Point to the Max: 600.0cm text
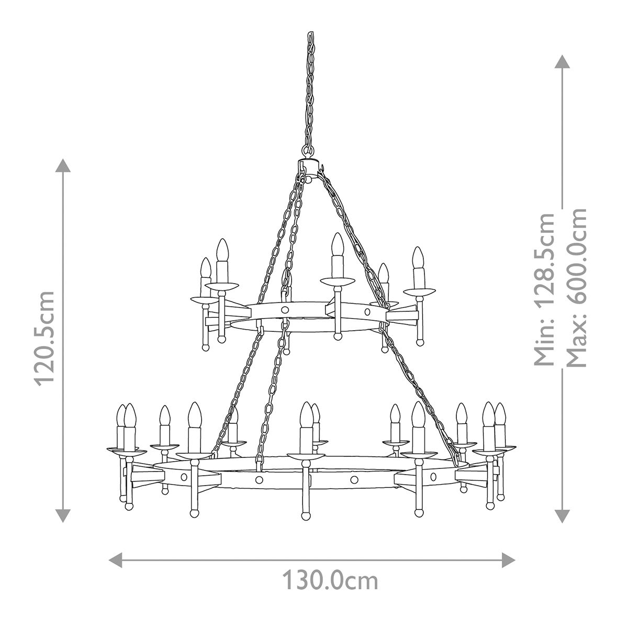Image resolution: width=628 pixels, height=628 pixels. coord(577,288)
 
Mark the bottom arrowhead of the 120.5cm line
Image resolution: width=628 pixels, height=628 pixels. coord(63,516)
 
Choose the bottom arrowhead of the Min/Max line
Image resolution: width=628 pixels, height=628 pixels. coord(563,516)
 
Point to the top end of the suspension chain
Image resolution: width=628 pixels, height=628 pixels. coord(309,36)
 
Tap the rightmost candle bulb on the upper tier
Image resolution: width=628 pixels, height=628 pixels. coord(418,257)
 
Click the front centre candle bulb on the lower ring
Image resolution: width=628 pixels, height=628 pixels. coord(306,414)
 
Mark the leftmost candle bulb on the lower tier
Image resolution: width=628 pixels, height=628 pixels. coord(121,414)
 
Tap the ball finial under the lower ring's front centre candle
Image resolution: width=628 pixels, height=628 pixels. coord(306,515)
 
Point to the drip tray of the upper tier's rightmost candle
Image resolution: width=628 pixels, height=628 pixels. coord(419,290)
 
